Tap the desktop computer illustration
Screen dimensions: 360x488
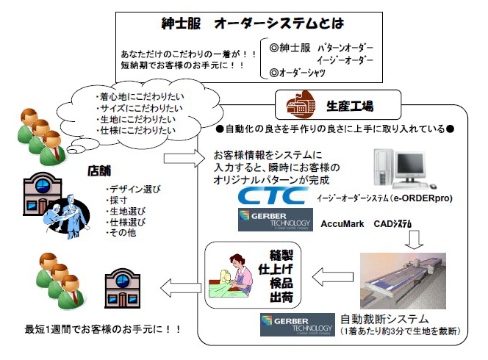point(397,168)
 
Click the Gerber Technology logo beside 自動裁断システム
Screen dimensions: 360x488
point(293,323)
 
